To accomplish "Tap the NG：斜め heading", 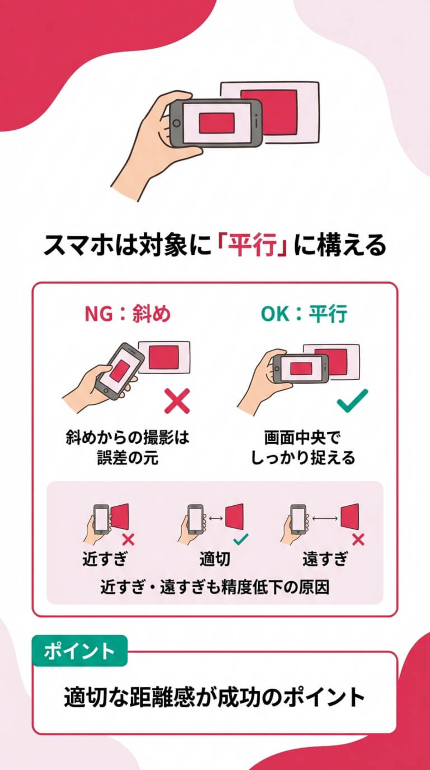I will (128, 314).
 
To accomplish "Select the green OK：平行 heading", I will (304, 314).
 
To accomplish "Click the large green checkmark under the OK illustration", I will (352, 400).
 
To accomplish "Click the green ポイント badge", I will (80, 651).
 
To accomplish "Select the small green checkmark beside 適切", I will (240, 539).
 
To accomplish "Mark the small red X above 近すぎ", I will (128, 539).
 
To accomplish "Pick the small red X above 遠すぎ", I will (358, 539).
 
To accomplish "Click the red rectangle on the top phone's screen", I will (217, 123).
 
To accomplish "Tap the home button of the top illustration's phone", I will (176, 123).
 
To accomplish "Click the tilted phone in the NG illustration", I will (119, 371).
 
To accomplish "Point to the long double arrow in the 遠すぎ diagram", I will (325, 518).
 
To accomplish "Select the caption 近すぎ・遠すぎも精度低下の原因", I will (215, 587).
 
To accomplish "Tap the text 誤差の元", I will (128, 458).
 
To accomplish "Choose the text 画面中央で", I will (303, 437).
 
